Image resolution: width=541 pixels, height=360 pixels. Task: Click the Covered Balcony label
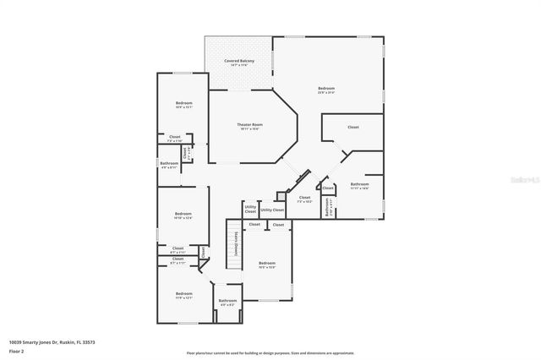point(239,62)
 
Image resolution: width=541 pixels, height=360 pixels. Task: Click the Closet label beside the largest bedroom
point(352,127)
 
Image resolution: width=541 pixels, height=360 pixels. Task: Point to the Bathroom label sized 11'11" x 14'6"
point(360,185)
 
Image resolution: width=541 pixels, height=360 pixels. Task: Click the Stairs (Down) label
point(236,246)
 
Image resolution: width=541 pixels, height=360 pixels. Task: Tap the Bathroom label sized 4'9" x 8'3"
point(227,302)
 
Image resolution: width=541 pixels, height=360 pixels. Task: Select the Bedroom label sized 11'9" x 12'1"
point(183,295)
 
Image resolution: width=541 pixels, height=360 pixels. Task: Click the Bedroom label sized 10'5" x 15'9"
point(267,265)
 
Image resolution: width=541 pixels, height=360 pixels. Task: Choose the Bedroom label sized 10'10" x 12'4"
point(183,215)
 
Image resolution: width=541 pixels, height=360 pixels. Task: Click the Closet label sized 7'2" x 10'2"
point(304,199)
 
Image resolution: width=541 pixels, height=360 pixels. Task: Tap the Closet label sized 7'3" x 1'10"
point(175,138)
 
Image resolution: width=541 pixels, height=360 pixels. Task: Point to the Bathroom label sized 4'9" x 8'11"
point(169,165)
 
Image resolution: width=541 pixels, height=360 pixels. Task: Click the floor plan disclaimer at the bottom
point(270,352)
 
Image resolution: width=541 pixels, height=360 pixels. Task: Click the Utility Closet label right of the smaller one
point(272,210)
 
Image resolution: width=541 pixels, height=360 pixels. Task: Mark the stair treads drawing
point(227,245)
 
